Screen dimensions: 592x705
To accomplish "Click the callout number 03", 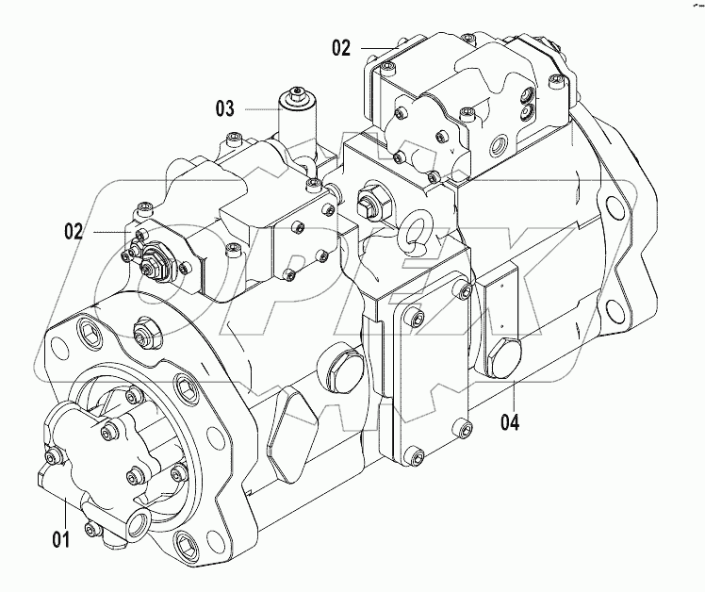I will coord(224,108).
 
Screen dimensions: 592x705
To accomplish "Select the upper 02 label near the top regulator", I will coord(340,46).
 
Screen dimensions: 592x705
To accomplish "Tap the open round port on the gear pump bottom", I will coord(139,521).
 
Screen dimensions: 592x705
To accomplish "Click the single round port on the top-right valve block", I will coord(497,147).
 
